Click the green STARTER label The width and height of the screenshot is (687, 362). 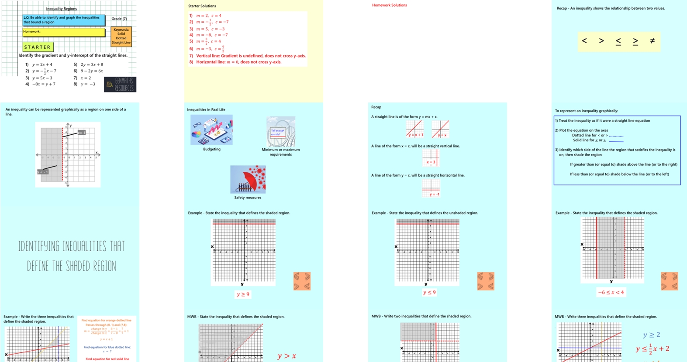pos(38,47)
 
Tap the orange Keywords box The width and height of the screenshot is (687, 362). pos(121,36)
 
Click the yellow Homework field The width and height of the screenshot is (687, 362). pos(64,32)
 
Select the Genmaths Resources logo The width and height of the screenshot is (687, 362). pos(120,84)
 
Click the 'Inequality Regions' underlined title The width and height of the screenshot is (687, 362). pos(61,9)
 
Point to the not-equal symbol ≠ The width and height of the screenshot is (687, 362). pos(652,41)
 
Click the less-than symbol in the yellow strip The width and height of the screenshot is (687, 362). pos(584,41)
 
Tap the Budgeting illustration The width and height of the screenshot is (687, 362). pos(211,130)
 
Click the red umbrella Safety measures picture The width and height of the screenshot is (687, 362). pos(248,179)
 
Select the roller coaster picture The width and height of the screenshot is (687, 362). pos(281,131)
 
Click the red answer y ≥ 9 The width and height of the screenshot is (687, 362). pos(243,294)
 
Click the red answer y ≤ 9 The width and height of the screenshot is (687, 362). pos(429,293)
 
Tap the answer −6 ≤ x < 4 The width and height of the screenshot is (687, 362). pos(611,293)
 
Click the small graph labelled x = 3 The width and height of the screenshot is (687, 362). pos(431,158)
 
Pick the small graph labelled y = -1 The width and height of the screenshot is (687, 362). pos(431,188)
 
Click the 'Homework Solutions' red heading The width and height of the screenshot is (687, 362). pos(389,5)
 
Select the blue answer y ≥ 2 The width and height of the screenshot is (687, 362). pos(651,335)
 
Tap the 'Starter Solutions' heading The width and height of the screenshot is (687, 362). pos(202,6)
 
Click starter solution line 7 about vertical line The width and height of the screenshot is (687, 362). pos(248,56)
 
